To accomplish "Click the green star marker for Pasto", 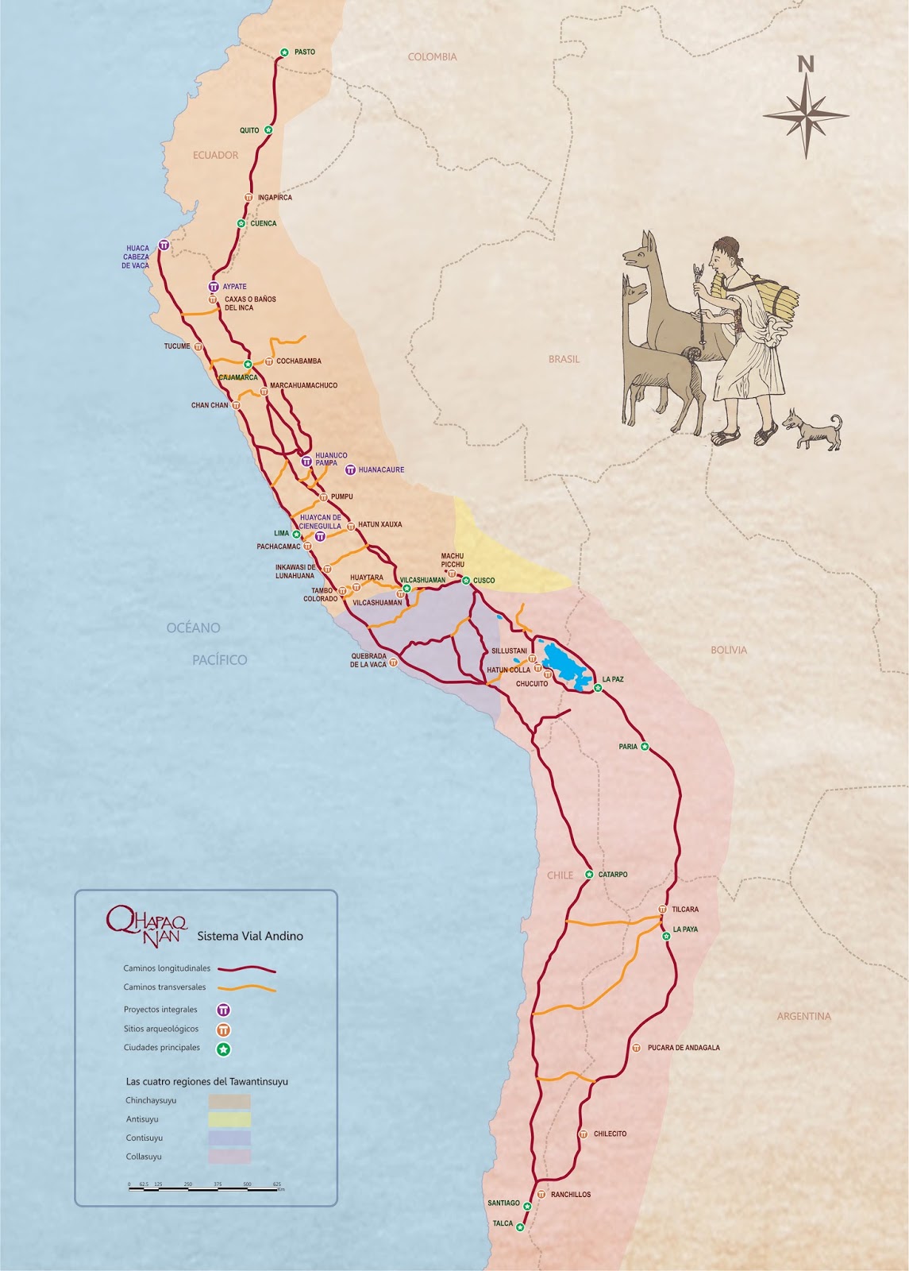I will (x=284, y=52).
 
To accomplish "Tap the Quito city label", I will (x=249, y=130).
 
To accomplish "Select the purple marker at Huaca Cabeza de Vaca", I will (x=163, y=245).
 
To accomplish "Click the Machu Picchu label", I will (x=453, y=560).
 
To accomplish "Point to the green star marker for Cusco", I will (x=466, y=581).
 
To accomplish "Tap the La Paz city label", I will (x=613, y=679).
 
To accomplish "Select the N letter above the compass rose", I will (x=806, y=64).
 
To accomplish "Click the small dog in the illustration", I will (x=812, y=431).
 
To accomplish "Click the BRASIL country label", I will (x=564, y=359).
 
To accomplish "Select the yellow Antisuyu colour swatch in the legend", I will (x=229, y=1119).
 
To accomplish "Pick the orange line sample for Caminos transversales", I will (x=247, y=988).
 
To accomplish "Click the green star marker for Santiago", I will (x=527, y=1207).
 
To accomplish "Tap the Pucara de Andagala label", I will (x=684, y=1048).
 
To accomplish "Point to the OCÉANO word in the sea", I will (x=193, y=628).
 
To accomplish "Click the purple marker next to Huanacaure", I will (x=350, y=470).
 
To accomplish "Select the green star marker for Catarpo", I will (x=589, y=875).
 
